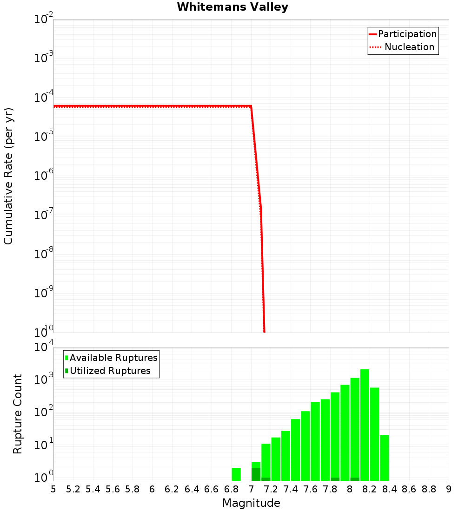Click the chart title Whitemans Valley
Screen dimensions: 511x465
[x=232, y=7]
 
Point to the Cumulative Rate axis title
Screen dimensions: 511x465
[x=8, y=176]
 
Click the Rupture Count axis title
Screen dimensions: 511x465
[x=18, y=413]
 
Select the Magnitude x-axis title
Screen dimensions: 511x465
[x=251, y=503]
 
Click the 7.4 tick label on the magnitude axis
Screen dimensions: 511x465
[x=291, y=489]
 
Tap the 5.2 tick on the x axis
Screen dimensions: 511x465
[x=73, y=489]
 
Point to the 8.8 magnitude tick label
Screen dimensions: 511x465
[x=429, y=489]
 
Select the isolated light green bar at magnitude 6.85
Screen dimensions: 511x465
[x=236, y=474]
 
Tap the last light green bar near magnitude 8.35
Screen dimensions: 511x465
[x=385, y=458]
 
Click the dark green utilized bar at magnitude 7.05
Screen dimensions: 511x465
[x=256, y=474]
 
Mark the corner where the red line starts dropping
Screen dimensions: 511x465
[x=251, y=106]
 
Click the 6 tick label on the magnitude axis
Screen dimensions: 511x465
[x=152, y=489]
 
